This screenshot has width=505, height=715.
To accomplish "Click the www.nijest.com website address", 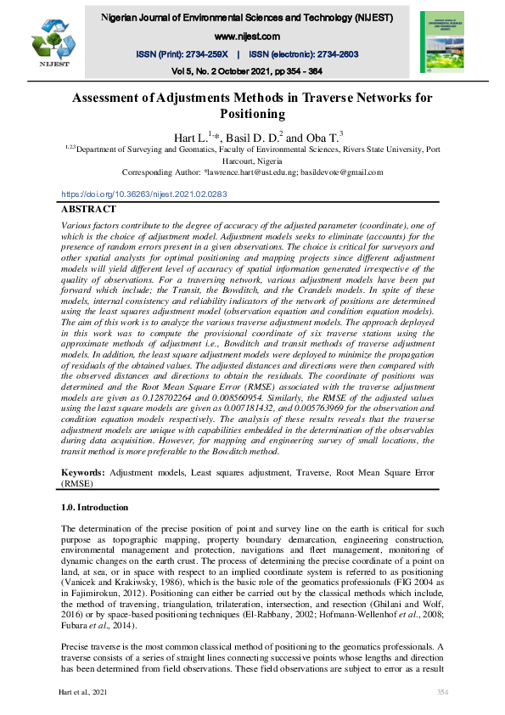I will [248, 37].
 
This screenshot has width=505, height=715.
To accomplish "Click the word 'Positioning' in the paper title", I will [251, 114].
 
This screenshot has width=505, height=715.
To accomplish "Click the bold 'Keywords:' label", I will [84, 470].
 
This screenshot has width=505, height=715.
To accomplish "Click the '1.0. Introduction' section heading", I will [94, 508].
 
